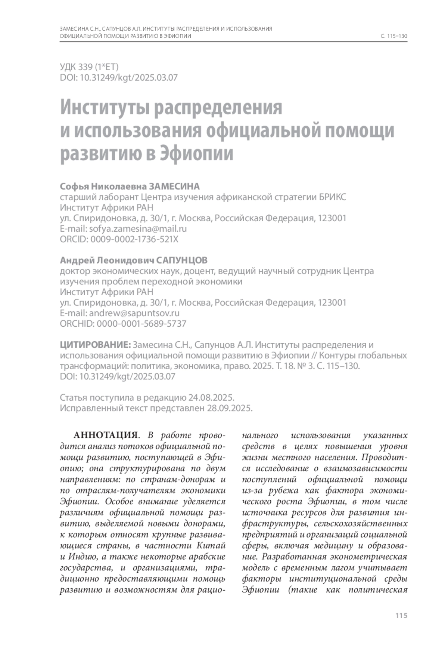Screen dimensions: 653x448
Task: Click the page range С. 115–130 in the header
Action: [394, 36]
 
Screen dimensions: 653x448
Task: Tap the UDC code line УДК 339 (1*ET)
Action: [89, 67]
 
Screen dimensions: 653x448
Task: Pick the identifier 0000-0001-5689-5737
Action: [141, 324]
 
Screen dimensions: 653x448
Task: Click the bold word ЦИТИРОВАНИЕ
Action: [95, 345]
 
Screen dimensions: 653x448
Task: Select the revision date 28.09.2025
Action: [229, 408]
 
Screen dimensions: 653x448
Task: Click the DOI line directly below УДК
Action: [119, 78]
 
